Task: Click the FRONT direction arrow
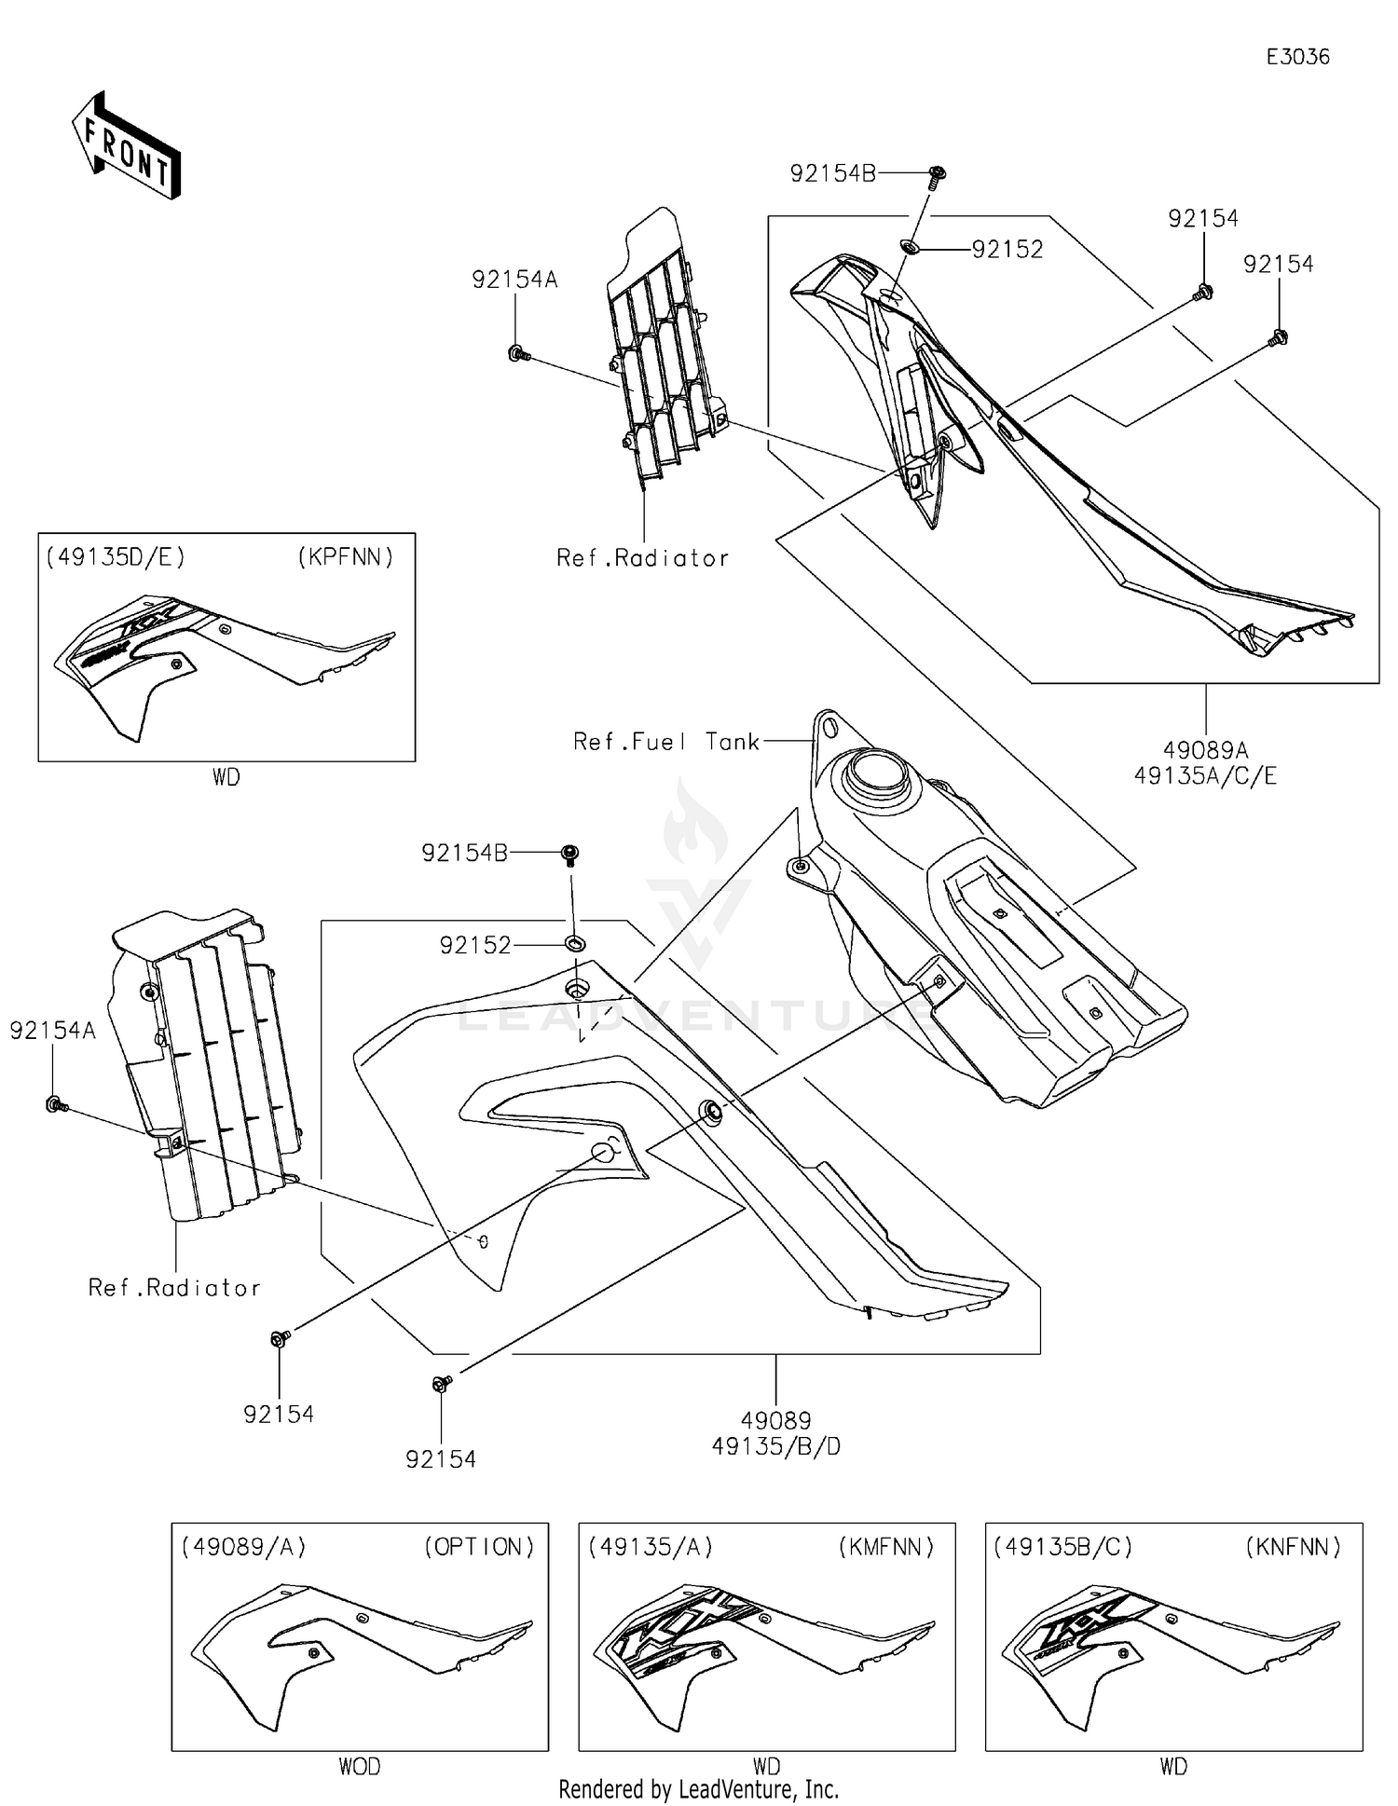[x=126, y=146]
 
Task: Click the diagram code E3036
[x=1296, y=57]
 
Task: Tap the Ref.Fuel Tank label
[x=665, y=742]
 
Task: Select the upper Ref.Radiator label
[x=642, y=558]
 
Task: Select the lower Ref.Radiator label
[x=174, y=1288]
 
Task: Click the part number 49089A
[x=1205, y=749]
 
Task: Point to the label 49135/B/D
[x=775, y=1446]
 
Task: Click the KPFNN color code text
[x=346, y=557]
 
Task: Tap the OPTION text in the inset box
[x=479, y=1547]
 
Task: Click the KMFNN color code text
[x=885, y=1547]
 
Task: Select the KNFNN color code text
[x=1293, y=1547]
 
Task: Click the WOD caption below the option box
[x=359, y=1766]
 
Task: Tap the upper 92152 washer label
[x=1007, y=250]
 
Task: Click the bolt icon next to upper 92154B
[x=938, y=173]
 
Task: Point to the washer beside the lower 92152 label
[x=575, y=945]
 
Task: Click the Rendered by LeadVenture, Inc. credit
[x=698, y=1789]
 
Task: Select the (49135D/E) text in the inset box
[x=116, y=557]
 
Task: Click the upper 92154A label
[x=514, y=280]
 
